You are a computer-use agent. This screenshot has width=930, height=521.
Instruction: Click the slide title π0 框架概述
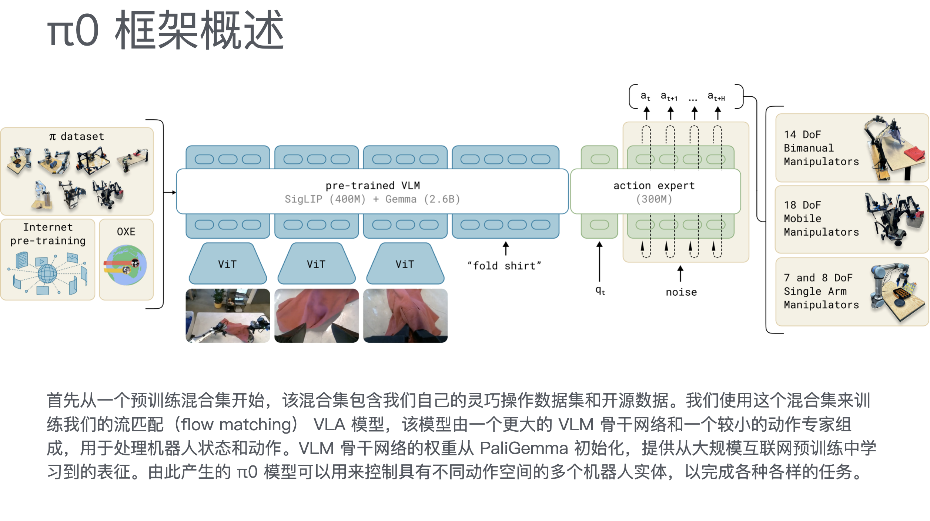coord(165,30)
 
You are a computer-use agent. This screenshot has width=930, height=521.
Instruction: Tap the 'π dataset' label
coord(77,137)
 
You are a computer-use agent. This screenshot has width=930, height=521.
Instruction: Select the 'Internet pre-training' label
coord(48,234)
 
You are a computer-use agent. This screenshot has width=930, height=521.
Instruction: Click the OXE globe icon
coord(126,265)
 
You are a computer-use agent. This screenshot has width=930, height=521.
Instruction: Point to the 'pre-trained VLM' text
coord(372,185)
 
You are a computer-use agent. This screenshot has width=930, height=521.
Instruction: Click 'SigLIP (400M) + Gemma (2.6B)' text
coord(372,199)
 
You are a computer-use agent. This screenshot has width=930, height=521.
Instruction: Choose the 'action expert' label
coord(654,185)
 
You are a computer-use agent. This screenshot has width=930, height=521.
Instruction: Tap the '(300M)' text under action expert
coord(654,199)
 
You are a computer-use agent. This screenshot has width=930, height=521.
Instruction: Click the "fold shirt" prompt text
coord(504,266)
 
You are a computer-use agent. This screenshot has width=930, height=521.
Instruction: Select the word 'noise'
coord(681,292)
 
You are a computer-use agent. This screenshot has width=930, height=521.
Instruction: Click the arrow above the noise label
coord(680,273)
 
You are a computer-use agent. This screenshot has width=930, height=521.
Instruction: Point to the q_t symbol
coord(600,291)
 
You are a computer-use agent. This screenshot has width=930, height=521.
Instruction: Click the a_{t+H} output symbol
coord(716,97)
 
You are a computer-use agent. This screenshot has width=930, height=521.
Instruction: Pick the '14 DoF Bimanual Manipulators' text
coord(821,148)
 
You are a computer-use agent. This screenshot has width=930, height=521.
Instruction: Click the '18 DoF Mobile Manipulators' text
coord(821,219)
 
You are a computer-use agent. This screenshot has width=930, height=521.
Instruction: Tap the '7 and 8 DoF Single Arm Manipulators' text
coord(821,291)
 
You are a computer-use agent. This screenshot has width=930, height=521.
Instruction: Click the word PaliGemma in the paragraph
coord(523,448)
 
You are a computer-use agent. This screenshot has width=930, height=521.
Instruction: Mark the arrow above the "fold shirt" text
coord(506,248)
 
